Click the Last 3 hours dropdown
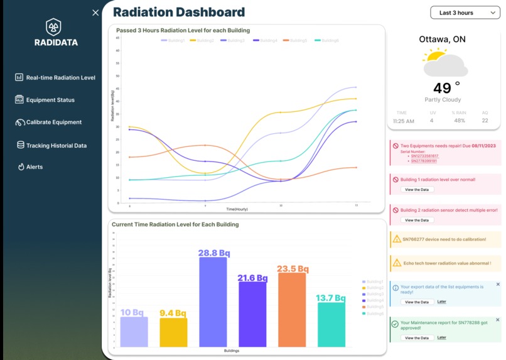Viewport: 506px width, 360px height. point(465,13)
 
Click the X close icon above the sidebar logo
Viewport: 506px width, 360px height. point(95,13)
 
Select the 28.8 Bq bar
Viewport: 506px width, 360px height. point(213,302)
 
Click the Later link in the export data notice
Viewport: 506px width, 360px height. point(442,302)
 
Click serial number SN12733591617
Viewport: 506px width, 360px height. point(425,156)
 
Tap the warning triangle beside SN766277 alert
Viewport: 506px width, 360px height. point(396,239)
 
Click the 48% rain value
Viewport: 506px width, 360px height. point(459,121)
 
